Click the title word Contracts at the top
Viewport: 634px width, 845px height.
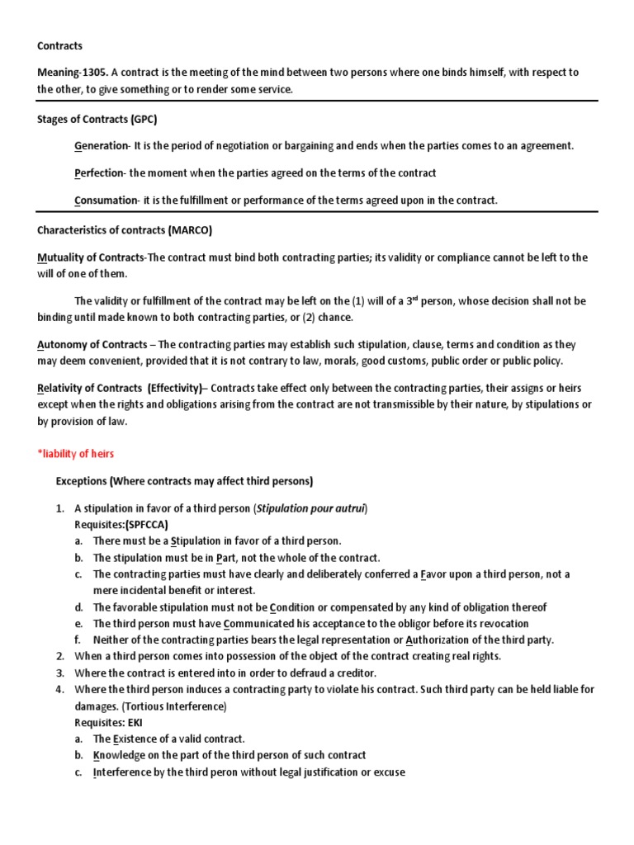(59, 46)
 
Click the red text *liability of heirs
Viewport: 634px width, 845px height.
(76, 454)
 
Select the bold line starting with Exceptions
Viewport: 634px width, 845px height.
(184, 481)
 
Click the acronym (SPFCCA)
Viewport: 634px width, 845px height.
(148, 524)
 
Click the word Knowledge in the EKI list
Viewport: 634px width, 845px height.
(119, 756)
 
